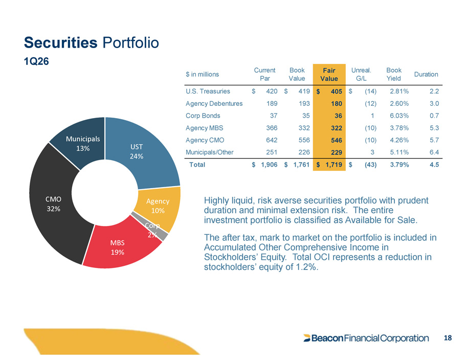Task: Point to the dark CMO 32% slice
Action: click(54, 205)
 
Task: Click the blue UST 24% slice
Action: click(140, 151)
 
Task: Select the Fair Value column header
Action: click(329, 75)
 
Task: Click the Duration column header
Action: click(426, 74)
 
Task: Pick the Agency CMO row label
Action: click(205, 140)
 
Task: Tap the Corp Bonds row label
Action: click(203, 116)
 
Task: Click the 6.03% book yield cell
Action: click(399, 116)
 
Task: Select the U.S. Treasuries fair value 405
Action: click(337, 92)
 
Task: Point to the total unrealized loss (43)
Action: click(371, 165)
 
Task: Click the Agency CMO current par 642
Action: click(272, 140)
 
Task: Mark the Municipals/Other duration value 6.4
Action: click(434, 152)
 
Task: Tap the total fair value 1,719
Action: click(334, 165)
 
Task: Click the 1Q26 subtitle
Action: click(36, 61)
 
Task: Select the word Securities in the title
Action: click(61, 42)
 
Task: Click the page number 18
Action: click(448, 338)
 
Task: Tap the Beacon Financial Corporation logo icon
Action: click(307, 338)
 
